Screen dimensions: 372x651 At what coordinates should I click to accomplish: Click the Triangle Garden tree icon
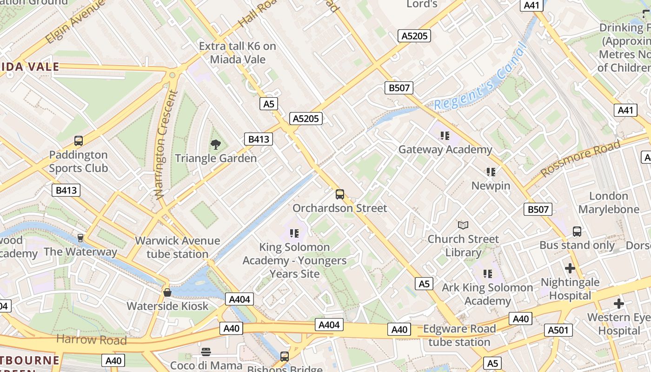coord(215,145)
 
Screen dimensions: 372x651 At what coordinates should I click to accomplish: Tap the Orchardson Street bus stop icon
coord(340,194)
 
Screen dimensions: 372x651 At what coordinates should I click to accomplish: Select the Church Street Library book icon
coord(463,226)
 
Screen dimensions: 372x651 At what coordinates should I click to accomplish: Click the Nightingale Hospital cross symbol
coord(570,268)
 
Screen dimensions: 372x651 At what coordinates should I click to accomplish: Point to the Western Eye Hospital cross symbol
coord(618,304)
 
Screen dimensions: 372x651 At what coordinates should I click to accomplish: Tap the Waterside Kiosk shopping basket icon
coord(167,292)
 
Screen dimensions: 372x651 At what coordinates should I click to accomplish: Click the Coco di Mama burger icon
coord(206,352)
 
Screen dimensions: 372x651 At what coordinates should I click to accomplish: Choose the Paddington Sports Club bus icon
coord(79,141)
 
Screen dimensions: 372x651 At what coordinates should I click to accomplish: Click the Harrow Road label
coord(91,339)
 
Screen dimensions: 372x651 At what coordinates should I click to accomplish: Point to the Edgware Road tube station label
coord(459,335)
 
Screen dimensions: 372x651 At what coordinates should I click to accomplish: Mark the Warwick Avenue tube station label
coord(177,247)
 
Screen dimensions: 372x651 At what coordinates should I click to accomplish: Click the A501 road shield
coord(558,330)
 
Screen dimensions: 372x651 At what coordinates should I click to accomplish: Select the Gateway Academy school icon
coord(445,136)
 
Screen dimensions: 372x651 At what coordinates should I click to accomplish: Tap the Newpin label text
coord(491,186)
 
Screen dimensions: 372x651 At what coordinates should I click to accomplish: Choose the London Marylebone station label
coord(609,203)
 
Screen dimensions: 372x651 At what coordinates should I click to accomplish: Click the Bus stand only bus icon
coord(577,231)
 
